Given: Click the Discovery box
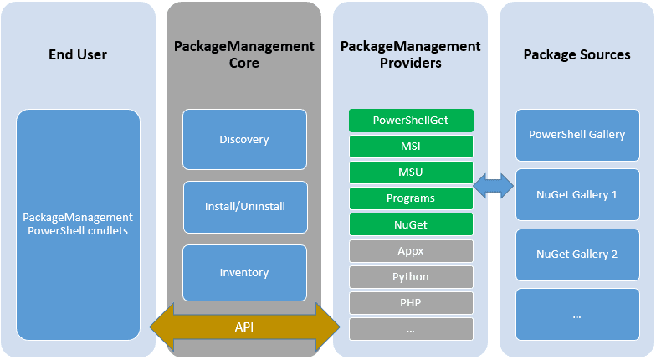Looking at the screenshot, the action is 244,139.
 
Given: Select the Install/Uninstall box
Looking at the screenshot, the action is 245,207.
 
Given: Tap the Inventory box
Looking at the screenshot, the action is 244,273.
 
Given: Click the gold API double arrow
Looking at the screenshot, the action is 244,327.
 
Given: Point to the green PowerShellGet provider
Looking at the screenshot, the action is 411,121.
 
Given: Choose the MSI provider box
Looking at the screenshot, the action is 411,147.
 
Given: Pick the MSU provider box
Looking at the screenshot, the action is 411,172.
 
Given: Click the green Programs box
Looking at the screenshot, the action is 411,198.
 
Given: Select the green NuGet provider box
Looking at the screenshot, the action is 411,224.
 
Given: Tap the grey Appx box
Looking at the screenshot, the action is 411,251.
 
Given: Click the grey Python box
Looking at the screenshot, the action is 411,276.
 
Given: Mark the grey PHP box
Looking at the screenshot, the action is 411,303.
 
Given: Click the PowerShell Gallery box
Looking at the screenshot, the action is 577,135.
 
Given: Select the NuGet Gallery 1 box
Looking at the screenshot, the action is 577,194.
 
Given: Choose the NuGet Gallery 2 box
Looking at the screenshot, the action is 577,255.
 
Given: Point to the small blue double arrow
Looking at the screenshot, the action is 494,186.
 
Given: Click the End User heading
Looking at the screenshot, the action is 78,54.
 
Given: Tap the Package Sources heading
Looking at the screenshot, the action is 577,54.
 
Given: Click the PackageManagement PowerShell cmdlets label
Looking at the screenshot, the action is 78,224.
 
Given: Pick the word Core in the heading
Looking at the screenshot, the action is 244,64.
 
